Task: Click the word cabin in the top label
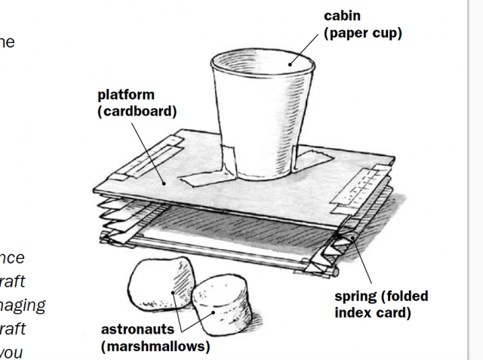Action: [x=341, y=16]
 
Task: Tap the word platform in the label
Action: [x=126, y=95]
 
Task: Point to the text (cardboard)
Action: [x=137, y=112]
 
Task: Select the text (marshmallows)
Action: [x=155, y=346]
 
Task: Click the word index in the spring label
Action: [x=354, y=312]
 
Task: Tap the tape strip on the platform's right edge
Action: [x=363, y=186]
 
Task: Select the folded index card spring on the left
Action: [x=113, y=219]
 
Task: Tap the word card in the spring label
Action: [x=394, y=312]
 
